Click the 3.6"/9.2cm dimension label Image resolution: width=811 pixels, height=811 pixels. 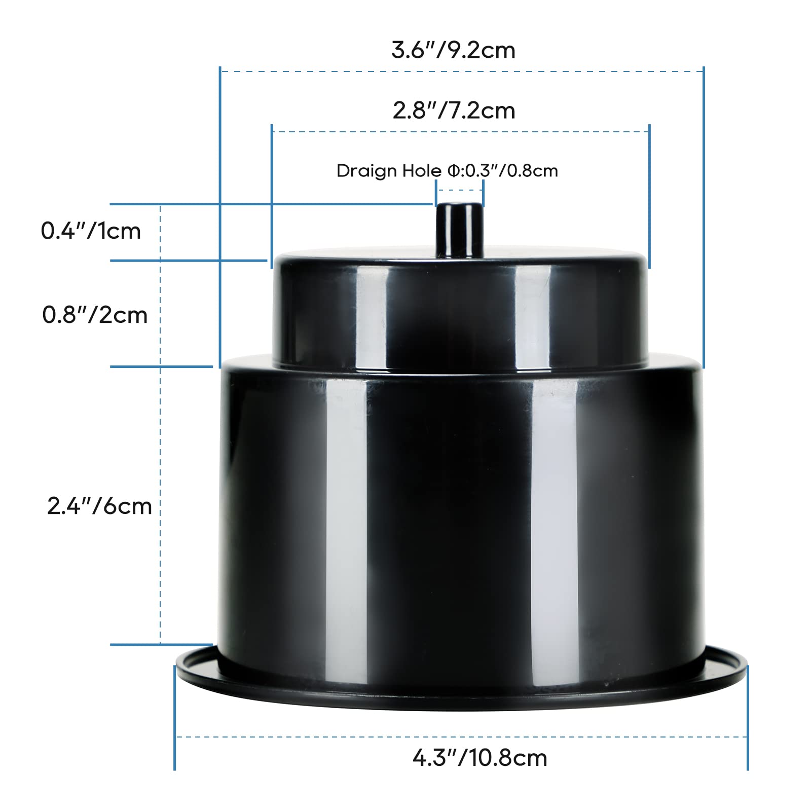453,50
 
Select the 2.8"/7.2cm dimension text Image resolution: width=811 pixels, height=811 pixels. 454,110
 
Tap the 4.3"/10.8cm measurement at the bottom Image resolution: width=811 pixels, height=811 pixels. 480,758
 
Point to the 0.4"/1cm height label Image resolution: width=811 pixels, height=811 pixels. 91,231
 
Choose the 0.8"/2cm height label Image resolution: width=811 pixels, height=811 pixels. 95,315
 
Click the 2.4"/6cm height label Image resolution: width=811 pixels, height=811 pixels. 99,506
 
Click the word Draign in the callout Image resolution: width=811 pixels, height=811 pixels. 366,171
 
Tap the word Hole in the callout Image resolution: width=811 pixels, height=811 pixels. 422,171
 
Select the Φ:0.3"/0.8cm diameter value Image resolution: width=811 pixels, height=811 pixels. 502,171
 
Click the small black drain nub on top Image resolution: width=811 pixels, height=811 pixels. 459,229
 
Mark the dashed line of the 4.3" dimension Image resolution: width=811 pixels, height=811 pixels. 355,737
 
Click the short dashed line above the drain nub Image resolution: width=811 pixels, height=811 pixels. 460,190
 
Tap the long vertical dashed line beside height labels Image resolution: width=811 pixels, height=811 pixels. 161,431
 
